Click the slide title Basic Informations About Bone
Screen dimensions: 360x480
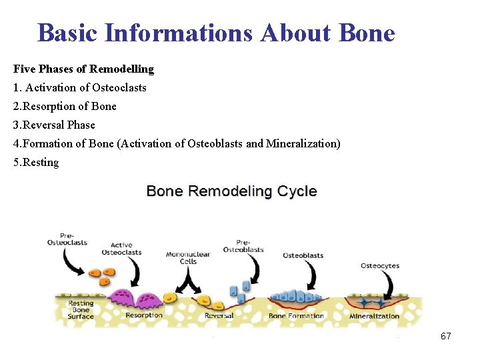tap(216, 32)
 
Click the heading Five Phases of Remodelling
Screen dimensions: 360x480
tap(83, 69)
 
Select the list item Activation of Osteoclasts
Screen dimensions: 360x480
tap(79, 87)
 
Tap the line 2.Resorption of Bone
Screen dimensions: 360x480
tap(65, 106)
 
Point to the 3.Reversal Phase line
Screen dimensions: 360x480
tap(54, 125)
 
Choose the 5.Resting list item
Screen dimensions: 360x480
tap(36, 162)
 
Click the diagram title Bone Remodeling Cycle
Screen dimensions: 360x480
tap(231, 191)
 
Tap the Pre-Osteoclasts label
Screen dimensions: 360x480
tap(67, 239)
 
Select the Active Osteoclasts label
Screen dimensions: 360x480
tap(121, 249)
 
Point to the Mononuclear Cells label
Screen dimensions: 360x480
tap(187, 257)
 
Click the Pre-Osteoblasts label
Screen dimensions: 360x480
tap(243, 245)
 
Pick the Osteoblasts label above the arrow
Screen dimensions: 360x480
tap(303, 255)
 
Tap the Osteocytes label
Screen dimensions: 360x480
tap(380, 266)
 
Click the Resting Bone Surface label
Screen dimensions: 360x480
tap(81, 310)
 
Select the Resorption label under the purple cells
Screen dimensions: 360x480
tap(143, 315)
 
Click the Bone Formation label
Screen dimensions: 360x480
tap(296, 315)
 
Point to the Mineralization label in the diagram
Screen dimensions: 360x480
tap(375, 316)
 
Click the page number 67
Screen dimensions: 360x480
tap(446, 336)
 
